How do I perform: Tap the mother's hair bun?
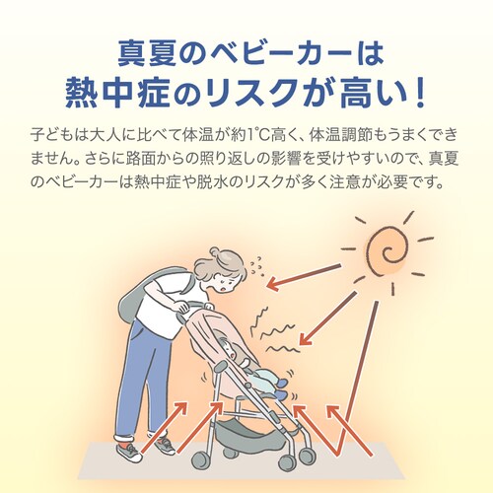click(x=214, y=253)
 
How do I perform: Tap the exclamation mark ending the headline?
click(x=419, y=94)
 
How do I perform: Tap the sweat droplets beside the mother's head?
click(x=256, y=266)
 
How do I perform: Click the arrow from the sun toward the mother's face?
click(x=303, y=276)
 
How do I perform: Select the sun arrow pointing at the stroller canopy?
click(x=328, y=318)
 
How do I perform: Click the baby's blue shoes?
click(x=281, y=388)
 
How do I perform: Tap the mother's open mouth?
click(x=223, y=287)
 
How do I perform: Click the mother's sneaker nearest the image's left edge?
click(x=129, y=451)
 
